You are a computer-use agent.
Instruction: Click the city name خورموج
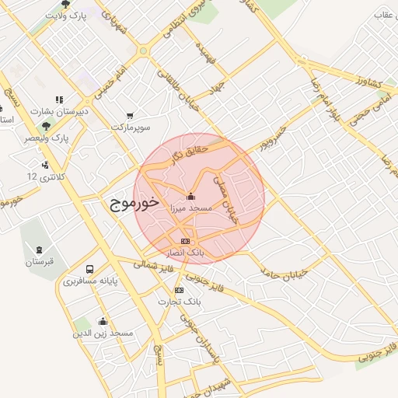tap(131, 204)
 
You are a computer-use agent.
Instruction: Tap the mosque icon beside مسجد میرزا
tap(191, 195)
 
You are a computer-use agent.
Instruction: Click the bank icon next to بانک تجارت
tap(180, 289)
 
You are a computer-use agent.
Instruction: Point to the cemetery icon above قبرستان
tap(39, 250)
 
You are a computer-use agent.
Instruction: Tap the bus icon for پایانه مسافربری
tap(91, 269)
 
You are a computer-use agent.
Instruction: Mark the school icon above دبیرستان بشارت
tap(59, 99)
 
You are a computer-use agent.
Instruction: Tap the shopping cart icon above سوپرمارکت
tap(129, 116)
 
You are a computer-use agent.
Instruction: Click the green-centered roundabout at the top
tap(143, 51)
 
